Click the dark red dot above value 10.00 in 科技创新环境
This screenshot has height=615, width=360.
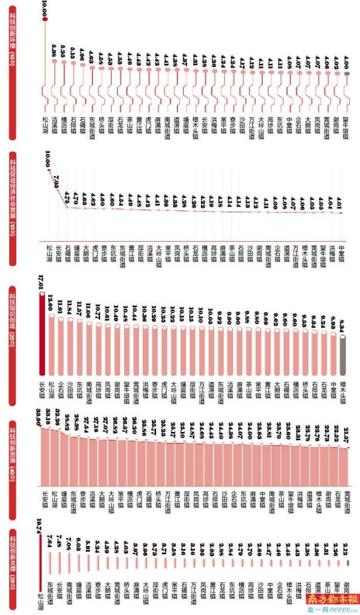point(45,21)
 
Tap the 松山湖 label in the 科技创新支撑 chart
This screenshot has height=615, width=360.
point(41,601)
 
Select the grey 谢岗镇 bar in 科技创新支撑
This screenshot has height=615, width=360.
point(347,563)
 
